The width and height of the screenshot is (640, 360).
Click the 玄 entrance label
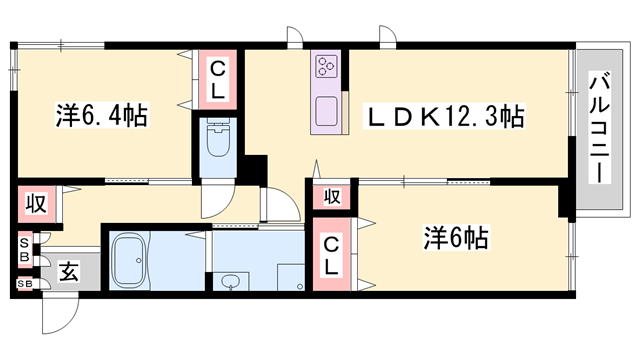68,270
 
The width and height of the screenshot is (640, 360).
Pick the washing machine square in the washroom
291,277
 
